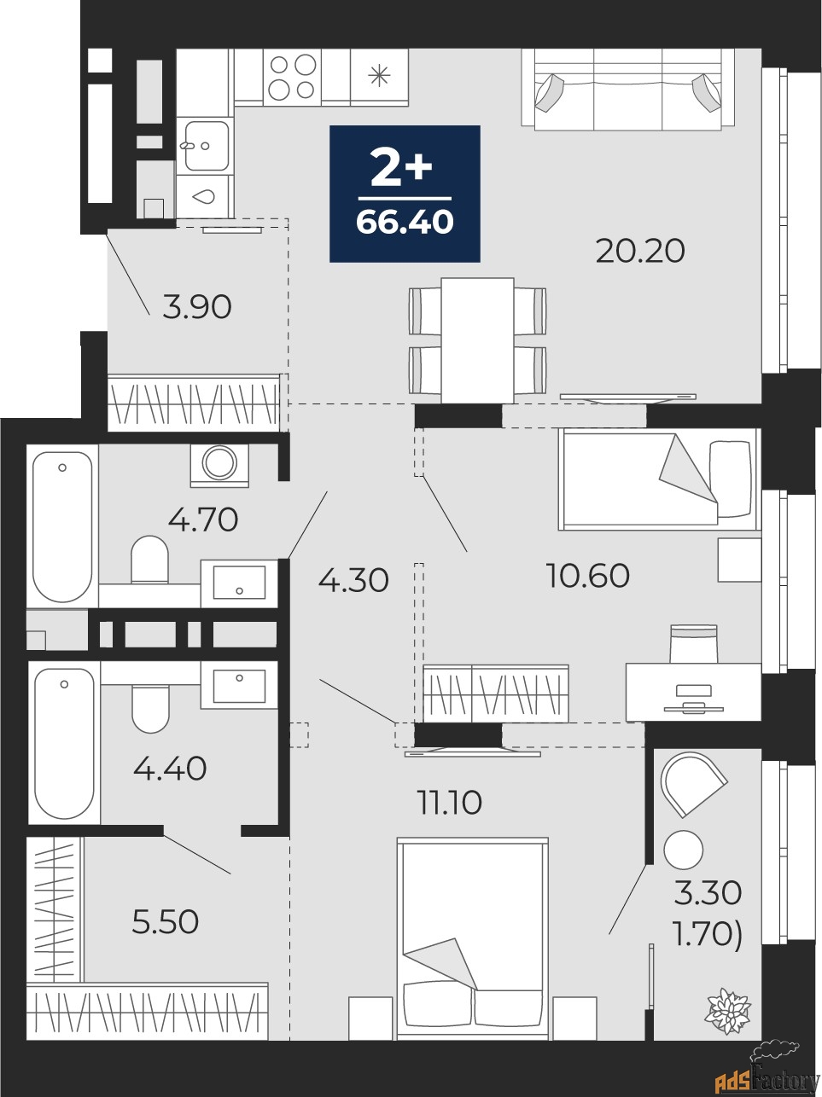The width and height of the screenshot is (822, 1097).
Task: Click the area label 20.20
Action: point(640,252)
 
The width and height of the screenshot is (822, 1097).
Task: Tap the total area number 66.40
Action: point(405,222)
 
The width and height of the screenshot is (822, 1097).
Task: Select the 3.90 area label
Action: point(197,307)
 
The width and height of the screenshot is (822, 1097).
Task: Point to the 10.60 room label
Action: point(588,575)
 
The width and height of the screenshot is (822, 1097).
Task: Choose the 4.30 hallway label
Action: point(353,581)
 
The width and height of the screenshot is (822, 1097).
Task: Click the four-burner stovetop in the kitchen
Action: point(292,77)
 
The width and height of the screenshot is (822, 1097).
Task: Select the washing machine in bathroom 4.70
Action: point(219,465)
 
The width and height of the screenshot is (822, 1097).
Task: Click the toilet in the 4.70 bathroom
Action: point(149,560)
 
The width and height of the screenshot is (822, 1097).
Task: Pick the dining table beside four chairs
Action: point(477,341)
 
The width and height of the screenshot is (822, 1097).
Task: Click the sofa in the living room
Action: point(628,89)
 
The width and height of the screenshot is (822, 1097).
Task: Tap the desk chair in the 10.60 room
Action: point(694,645)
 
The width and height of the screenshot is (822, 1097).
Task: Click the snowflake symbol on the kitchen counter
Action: point(378,76)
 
